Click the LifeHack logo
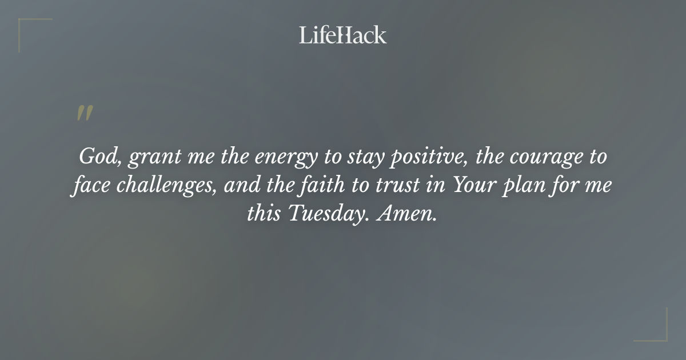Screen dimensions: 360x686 [343, 35]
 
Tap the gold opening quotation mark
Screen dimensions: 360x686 [84, 113]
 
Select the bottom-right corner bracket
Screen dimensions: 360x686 [657, 332]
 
